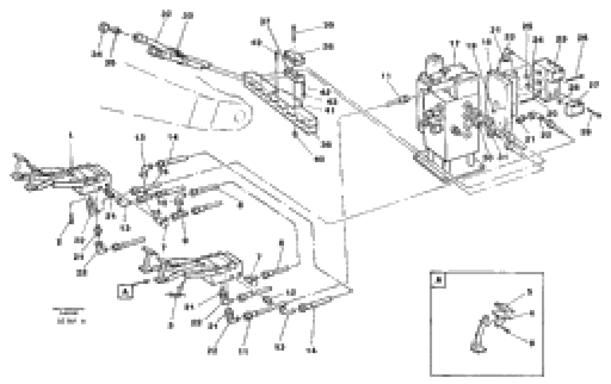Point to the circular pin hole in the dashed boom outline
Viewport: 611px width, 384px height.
pos(238,117)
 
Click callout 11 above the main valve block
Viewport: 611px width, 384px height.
pos(455,44)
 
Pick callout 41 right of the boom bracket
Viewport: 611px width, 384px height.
pos(330,110)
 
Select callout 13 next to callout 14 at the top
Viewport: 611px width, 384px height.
pos(140,138)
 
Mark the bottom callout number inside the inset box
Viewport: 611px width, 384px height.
pos(532,343)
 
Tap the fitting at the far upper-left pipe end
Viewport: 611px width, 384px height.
pos(104,28)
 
